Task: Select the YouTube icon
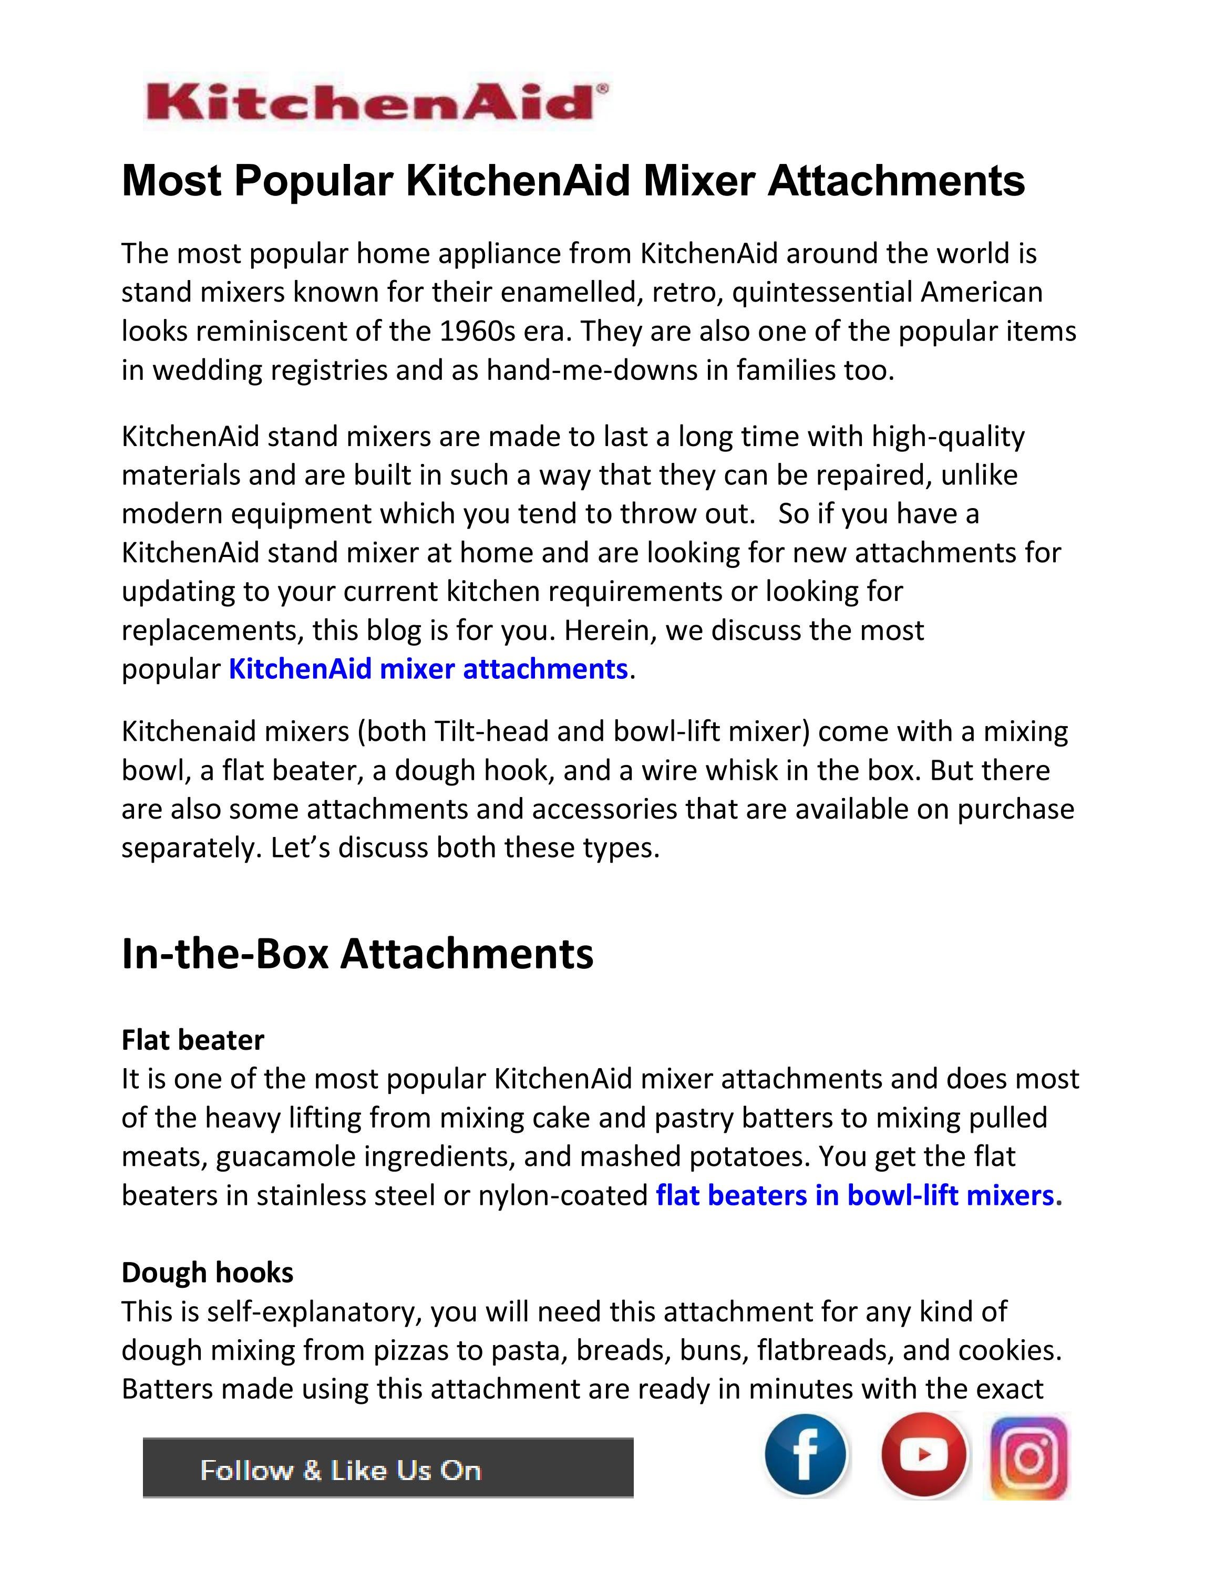click(x=923, y=1455)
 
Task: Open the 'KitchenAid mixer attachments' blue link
click(x=428, y=669)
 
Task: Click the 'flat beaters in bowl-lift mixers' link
click(x=855, y=1196)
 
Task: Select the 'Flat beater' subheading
click(x=193, y=1040)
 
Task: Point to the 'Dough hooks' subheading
click(x=207, y=1273)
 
